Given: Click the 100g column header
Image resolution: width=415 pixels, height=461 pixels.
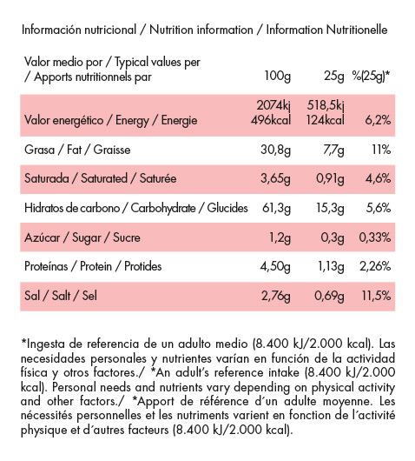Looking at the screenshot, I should [277, 76].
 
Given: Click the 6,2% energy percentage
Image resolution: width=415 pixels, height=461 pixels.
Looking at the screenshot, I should [378, 118].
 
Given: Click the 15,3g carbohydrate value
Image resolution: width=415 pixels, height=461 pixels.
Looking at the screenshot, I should [332, 208].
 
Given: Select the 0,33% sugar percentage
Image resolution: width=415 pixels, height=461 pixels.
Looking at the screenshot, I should [375, 237].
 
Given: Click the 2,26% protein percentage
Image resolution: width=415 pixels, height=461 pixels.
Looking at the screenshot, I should [375, 267].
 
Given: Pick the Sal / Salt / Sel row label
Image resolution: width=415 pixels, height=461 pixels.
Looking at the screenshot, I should [57, 297].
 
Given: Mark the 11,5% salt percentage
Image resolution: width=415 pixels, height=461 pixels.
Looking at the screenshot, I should [376, 297].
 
